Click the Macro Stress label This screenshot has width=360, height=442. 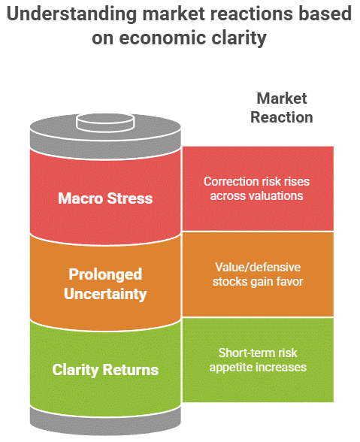coord(105,198)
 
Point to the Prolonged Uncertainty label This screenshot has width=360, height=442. coord(105,284)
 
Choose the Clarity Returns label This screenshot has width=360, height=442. coord(105,369)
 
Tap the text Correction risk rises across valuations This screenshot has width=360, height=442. coord(257,188)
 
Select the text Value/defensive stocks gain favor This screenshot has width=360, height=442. coord(257,274)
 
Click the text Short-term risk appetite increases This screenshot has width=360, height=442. coord(257,360)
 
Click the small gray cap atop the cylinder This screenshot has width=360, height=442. coord(105,120)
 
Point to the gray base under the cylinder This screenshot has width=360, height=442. coord(105,418)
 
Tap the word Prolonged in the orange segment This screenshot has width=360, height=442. coord(105,274)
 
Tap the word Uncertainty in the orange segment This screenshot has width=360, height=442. coord(105,294)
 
